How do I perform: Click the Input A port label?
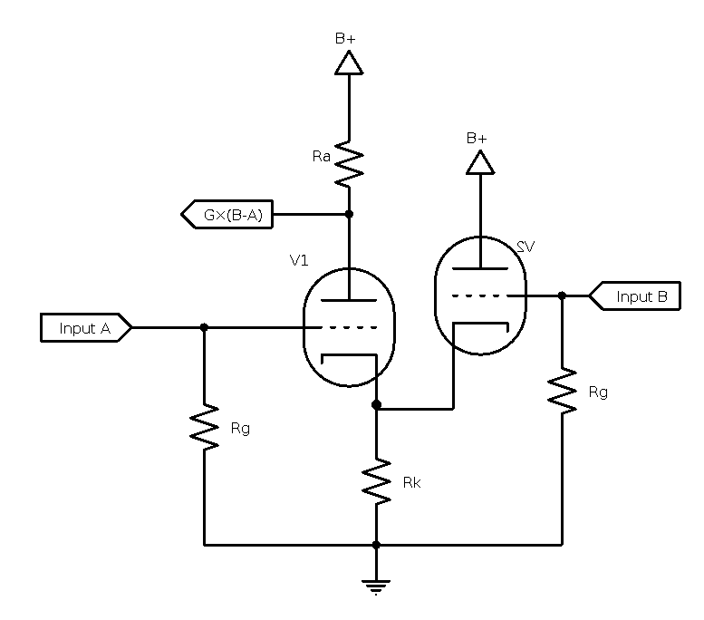click(86, 327)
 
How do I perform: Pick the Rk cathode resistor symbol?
click(376, 482)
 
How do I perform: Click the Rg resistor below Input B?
click(562, 391)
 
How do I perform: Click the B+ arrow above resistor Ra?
click(349, 63)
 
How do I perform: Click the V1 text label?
click(299, 260)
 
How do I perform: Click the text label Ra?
click(321, 157)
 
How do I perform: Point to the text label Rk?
click(411, 483)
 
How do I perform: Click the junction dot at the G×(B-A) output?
click(349, 215)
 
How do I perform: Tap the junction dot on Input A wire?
click(204, 327)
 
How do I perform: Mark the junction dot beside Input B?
click(562, 295)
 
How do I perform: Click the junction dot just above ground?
click(376, 545)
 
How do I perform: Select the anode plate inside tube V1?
click(349, 301)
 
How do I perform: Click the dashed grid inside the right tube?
click(479, 295)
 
